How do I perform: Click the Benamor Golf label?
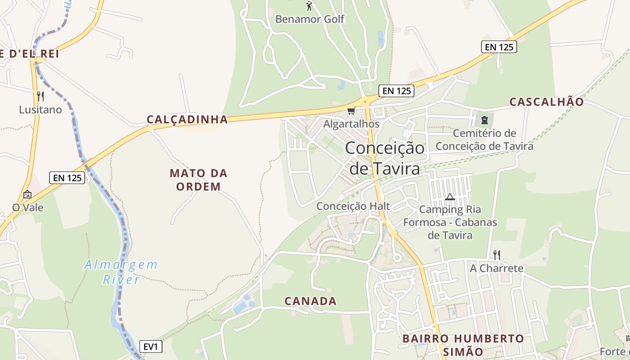[x=310, y=19]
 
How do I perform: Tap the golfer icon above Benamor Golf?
[x=309, y=6]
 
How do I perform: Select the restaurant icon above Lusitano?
[x=40, y=96]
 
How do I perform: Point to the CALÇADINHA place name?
[x=187, y=119]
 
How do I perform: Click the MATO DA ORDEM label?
[x=198, y=180]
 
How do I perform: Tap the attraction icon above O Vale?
[x=27, y=194]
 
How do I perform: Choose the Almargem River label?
[x=121, y=272]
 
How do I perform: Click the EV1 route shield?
[x=151, y=346]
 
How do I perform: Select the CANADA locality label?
[x=310, y=301]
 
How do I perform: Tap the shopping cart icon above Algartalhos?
[x=351, y=111]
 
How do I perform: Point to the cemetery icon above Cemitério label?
[x=484, y=120]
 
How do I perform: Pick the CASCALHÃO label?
[x=546, y=102]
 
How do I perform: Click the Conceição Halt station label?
[x=353, y=206]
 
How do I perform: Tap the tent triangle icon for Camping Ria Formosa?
[x=450, y=197]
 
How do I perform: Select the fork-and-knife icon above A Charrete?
[x=497, y=255]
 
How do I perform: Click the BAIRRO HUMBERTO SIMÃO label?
[x=463, y=345]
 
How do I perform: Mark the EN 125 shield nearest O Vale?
[x=67, y=178]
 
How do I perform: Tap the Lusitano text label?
[x=40, y=109]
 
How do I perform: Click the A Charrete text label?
[x=497, y=269]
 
